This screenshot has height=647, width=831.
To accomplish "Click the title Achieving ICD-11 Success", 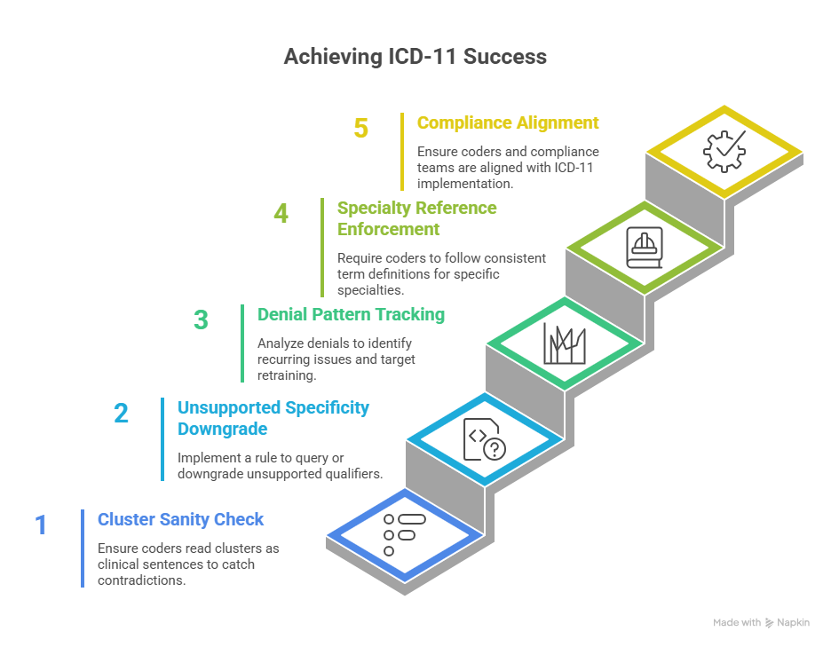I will pyautogui.click(x=415, y=57).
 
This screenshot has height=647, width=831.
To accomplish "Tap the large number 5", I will pyautogui.click(x=360, y=128).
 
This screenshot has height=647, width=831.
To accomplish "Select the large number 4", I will pyautogui.click(x=281, y=214).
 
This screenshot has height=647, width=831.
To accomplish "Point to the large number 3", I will pyautogui.click(x=201, y=320).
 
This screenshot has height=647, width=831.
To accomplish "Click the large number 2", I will pyautogui.click(x=121, y=413).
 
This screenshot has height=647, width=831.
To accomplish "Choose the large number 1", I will pyautogui.click(x=41, y=525).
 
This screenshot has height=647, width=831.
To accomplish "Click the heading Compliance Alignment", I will pyautogui.click(x=508, y=123).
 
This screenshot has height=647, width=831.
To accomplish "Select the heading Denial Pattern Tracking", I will pyautogui.click(x=351, y=314).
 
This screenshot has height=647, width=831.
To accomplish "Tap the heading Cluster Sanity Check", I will pyautogui.click(x=181, y=519).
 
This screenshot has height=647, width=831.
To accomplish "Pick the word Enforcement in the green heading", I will pyautogui.click(x=388, y=229).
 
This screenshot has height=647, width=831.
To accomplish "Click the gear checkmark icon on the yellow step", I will pyautogui.click(x=724, y=151).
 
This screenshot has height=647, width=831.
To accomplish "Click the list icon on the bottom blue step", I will pyautogui.click(x=403, y=533).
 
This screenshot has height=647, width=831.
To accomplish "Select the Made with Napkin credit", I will pyautogui.click(x=761, y=623).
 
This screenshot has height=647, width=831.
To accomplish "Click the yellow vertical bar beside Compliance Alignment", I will pyautogui.click(x=402, y=151).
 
